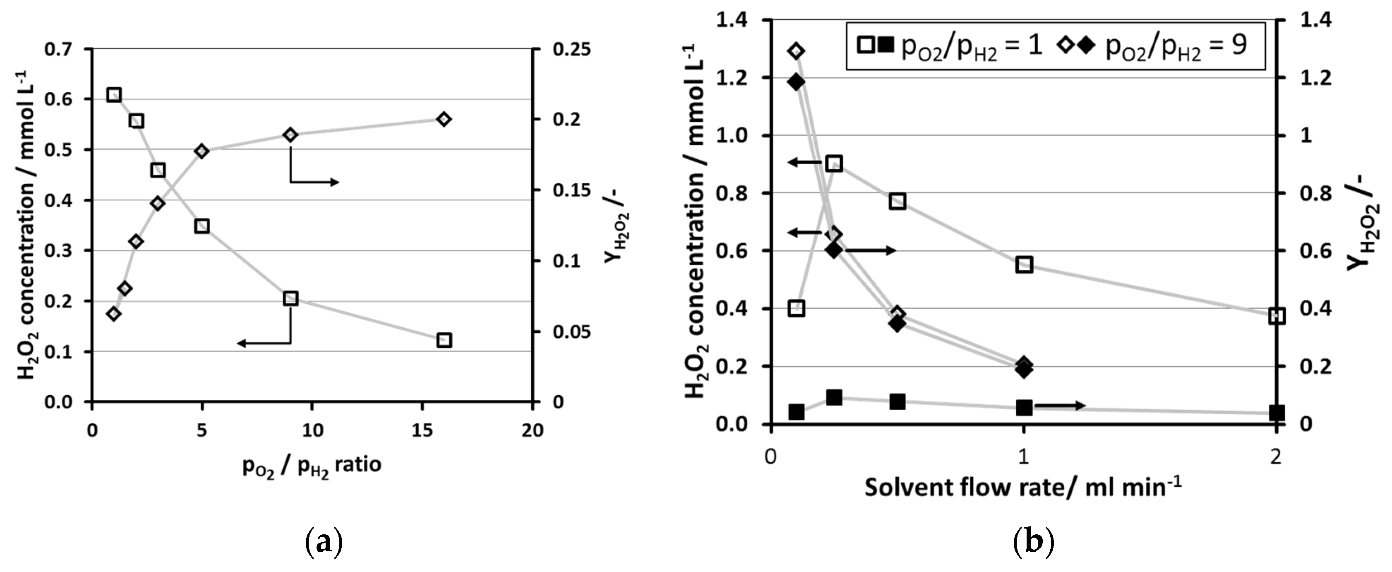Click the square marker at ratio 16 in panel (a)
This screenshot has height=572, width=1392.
[444, 340]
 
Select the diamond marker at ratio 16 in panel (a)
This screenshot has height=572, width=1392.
[444, 119]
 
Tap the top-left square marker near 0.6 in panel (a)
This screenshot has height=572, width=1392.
[113, 95]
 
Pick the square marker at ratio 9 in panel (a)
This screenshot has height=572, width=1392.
[291, 298]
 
